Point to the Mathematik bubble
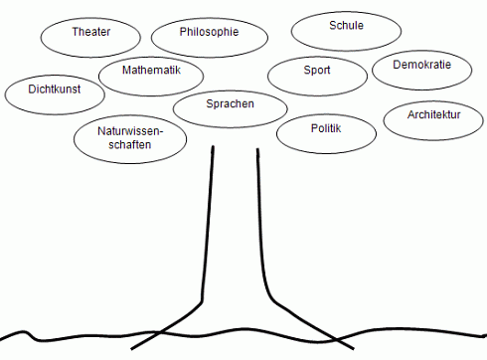coord(152,76)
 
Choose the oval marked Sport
coord(317,75)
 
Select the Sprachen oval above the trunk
coord(231,107)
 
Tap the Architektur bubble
coord(433,119)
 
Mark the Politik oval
coord(327,133)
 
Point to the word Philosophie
coord(210,32)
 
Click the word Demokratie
coord(422,65)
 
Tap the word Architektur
coord(433,115)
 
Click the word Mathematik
coord(152,71)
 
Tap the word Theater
coord(90,32)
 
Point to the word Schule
coord(346,25)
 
